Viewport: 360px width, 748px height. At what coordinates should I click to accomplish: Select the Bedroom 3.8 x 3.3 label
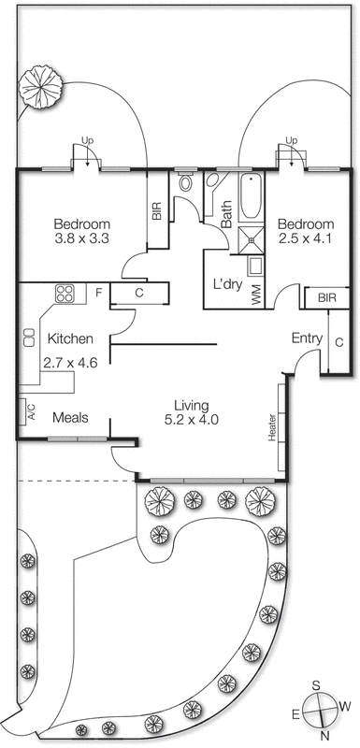coord(82,232)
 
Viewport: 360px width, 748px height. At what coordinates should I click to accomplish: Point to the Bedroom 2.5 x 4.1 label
coord(305,232)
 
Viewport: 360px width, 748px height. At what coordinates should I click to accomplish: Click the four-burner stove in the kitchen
coord(65,295)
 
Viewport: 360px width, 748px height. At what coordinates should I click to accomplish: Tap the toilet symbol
coord(185,182)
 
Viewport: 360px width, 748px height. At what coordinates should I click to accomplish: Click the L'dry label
coord(228,282)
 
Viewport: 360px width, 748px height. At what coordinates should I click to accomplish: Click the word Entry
coord(307,338)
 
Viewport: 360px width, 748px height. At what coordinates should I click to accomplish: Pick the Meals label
coord(70,419)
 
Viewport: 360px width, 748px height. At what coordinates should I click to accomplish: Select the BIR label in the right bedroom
coord(326,297)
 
